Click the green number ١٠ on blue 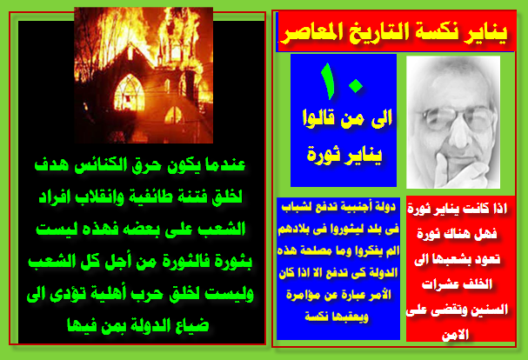pos(342,82)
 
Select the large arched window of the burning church pos(130,93)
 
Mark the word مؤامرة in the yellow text pos(301,295)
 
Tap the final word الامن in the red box pos(457,335)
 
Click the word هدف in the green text pos(51,165)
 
